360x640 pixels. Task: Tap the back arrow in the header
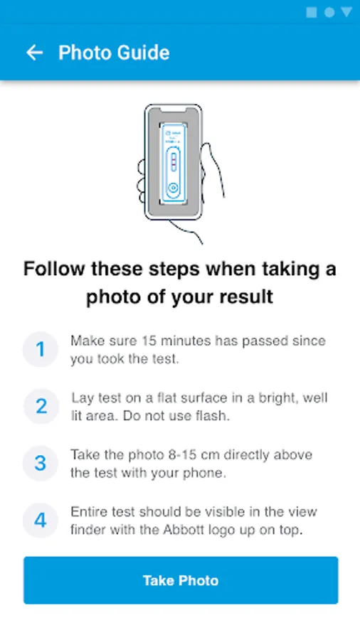coord(34,53)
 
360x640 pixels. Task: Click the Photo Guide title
coord(114,53)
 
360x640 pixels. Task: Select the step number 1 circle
coord(41,349)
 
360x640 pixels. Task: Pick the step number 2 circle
coord(41,407)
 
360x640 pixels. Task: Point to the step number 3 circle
coord(41,463)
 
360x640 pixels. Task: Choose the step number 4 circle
coord(41,521)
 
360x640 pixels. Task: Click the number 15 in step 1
coord(150,341)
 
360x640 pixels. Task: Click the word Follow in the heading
coord(54,269)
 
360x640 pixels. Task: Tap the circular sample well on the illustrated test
coord(173,188)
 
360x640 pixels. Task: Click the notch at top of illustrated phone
coord(174,110)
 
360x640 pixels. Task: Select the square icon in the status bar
coord(312,12)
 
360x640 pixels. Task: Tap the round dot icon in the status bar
coord(329,12)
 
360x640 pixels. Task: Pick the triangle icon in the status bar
coord(346,12)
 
